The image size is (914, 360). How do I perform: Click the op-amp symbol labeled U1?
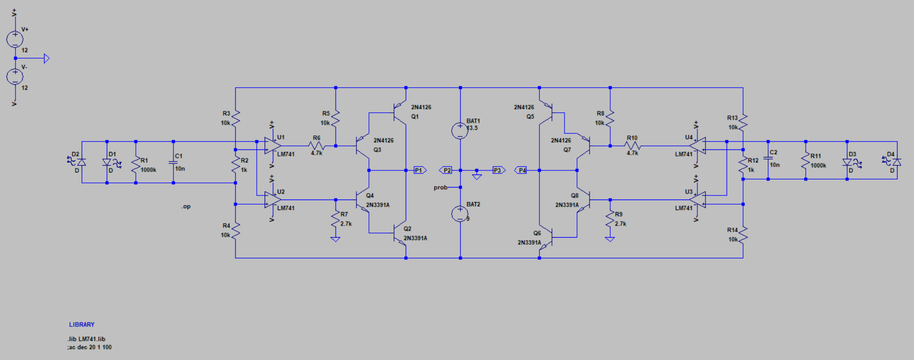272,145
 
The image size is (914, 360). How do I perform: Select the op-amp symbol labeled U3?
697,200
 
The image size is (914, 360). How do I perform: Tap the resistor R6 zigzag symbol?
317,146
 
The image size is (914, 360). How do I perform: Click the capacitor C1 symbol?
173,162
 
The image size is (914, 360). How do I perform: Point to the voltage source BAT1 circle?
460,130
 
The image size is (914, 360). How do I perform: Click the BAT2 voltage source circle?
460,214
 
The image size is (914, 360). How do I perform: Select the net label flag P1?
419,170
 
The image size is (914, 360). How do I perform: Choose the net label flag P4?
521,170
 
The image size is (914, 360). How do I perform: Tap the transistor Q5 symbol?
546,111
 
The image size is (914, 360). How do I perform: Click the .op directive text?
186,207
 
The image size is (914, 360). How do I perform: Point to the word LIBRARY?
82,325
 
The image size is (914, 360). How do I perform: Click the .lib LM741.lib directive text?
87,339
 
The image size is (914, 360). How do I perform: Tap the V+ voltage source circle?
15,39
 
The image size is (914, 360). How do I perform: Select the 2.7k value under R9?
621,224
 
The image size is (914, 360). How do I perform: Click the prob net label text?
440,188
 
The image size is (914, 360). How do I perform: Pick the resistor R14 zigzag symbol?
743,234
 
